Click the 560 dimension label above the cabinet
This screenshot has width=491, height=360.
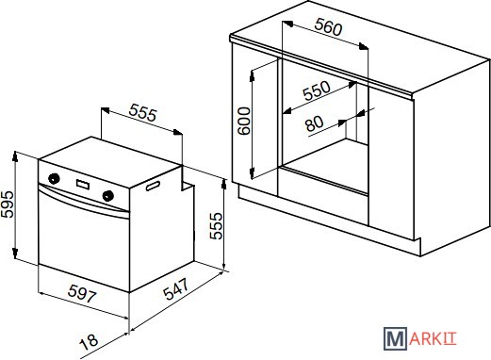[x=328, y=26]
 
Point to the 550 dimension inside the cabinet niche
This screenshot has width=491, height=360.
[x=317, y=90]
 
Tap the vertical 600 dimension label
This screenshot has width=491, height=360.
[x=244, y=121]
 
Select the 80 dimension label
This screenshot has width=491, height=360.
[x=314, y=123]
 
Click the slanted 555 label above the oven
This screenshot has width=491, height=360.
[x=142, y=113]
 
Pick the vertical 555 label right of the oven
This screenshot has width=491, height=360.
[x=216, y=226]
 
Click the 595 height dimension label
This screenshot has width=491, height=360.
[x=7, y=204]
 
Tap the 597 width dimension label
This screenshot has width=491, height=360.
[x=82, y=293]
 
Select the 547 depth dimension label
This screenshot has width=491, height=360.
[x=176, y=289]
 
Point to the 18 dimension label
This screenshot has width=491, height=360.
[x=89, y=342]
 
